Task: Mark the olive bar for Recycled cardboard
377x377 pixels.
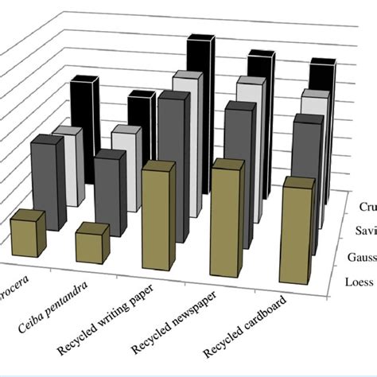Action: coord(296,231)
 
